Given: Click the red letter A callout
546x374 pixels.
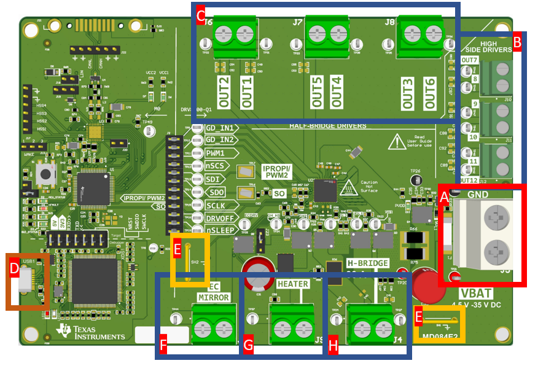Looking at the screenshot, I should pyautogui.click(x=444, y=197).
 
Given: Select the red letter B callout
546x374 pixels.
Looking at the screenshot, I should pyautogui.click(x=517, y=42).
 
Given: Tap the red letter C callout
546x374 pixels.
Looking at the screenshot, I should pyautogui.click(x=200, y=15).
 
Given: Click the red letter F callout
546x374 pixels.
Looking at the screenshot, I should pyautogui.click(x=163, y=346).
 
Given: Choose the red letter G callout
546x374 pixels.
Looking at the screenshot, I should pyautogui.click(x=248, y=346).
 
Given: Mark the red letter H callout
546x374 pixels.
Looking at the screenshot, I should pyautogui.click(x=333, y=346).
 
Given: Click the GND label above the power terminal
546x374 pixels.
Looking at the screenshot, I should pyautogui.click(x=478, y=195).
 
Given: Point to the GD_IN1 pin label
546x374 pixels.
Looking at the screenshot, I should pyautogui.click(x=219, y=128).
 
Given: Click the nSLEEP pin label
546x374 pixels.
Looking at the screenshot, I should pyautogui.click(x=219, y=230).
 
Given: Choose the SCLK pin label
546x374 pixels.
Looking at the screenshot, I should pyautogui.click(x=216, y=205).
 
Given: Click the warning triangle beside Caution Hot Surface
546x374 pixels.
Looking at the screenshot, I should pyautogui.click(x=350, y=187).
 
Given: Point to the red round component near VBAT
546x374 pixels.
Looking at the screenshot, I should pyautogui.click(x=424, y=284).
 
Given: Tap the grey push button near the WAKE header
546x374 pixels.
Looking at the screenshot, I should pyautogui.click(x=44, y=174).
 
